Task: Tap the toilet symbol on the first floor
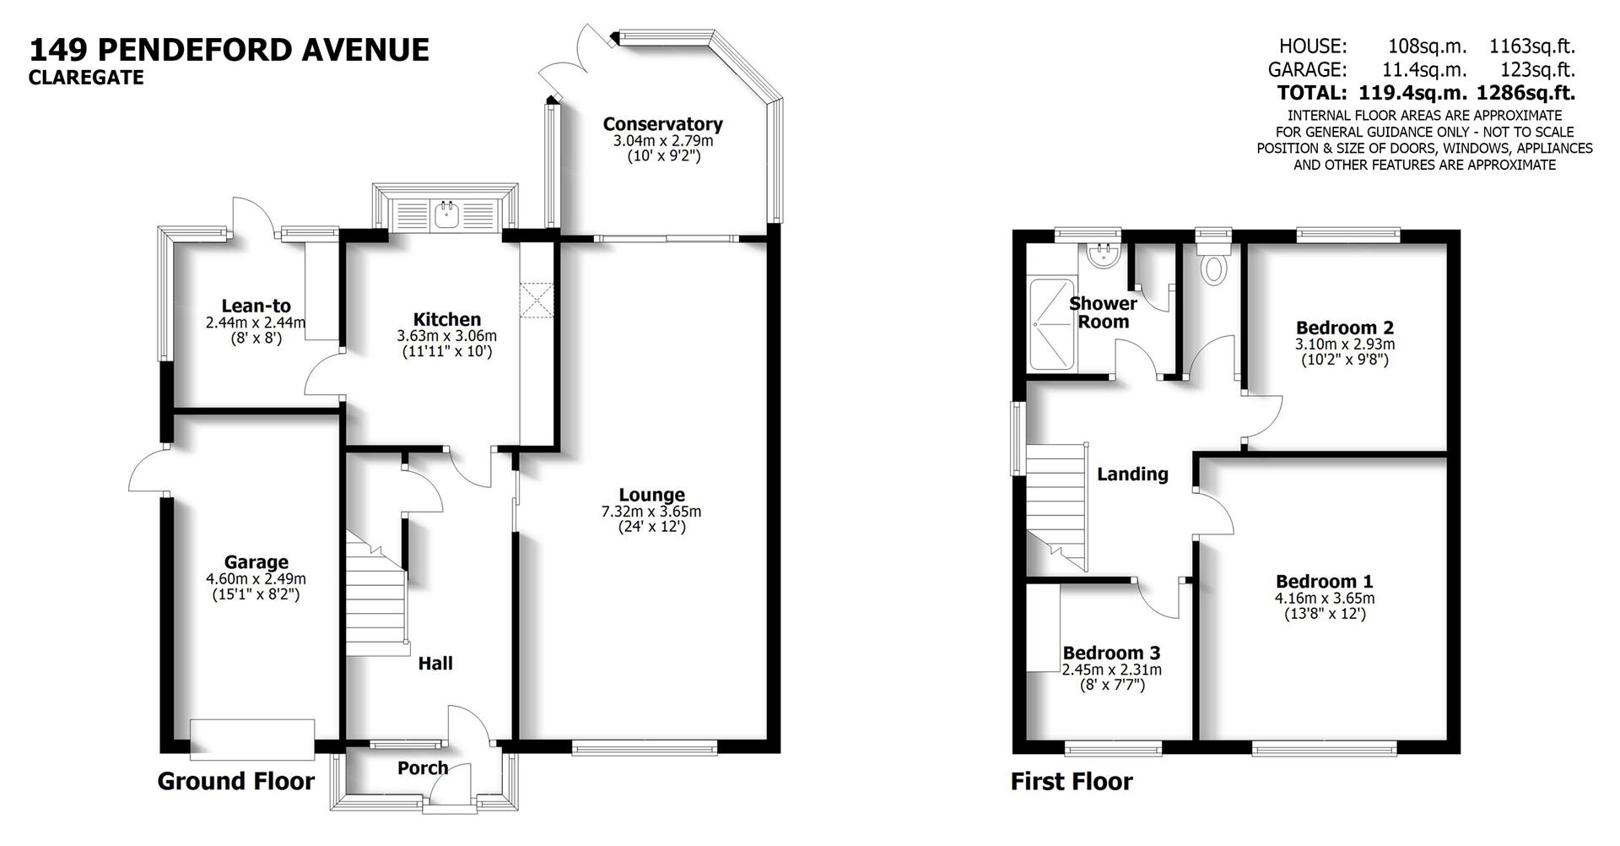point(1214,267)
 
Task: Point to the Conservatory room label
point(662,124)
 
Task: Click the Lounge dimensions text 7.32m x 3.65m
point(651,512)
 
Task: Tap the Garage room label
point(256,562)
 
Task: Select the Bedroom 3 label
point(1111,653)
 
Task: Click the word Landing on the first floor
point(1132,475)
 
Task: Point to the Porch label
point(423,767)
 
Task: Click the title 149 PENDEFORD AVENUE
point(229,50)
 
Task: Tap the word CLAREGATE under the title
point(86,79)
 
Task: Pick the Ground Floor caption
point(236,782)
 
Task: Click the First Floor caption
point(1072,782)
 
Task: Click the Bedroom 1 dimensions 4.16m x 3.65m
point(1324,598)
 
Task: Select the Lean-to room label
point(256,306)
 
